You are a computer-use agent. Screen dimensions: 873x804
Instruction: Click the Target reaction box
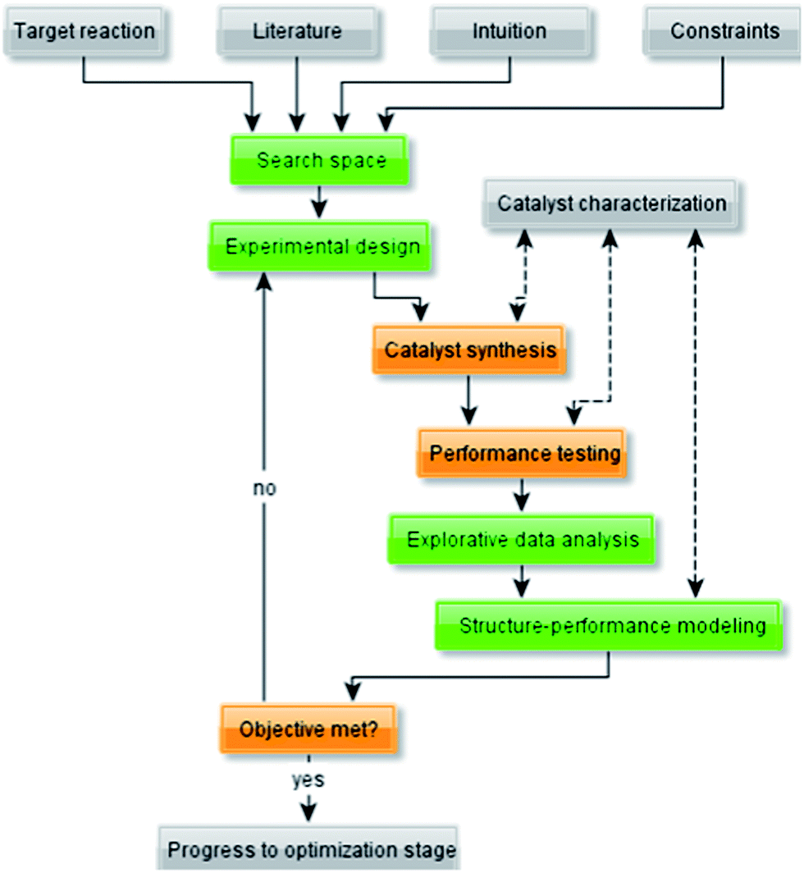pyautogui.click(x=85, y=32)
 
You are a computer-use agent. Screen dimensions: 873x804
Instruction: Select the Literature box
pyautogui.click(x=297, y=32)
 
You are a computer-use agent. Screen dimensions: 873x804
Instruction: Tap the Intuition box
pyautogui.click(x=509, y=32)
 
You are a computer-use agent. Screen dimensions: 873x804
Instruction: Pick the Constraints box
pyautogui.click(x=724, y=32)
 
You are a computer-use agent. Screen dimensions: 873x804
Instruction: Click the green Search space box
pyautogui.click(x=321, y=160)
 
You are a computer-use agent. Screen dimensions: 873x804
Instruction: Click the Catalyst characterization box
pyautogui.click(x=611, y=203)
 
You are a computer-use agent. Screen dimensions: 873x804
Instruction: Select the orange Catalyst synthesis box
pyautogui.click(x=469, y=350)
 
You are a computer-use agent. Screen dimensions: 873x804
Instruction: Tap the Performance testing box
pyautogui.click(x=524, y=453)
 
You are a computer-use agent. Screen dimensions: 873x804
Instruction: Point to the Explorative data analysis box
pyautogui.click(x=523, y=540)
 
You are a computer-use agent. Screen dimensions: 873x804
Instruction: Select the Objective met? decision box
pyautogui.click(x=308, y=728)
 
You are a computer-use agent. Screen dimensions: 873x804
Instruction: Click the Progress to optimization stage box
pyautogui.click(x=310, y=851)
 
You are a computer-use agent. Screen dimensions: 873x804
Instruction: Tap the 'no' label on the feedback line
pyautogui.click(x=263, y=488)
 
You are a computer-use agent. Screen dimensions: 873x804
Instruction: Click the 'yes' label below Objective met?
pyautogui.click(x=308, y=779)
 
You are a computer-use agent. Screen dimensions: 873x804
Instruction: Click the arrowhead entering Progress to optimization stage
pyautogui.click(x=308, y=812)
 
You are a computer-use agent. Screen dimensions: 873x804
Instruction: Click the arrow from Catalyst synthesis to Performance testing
pyautogui.click(x=469, y=400)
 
